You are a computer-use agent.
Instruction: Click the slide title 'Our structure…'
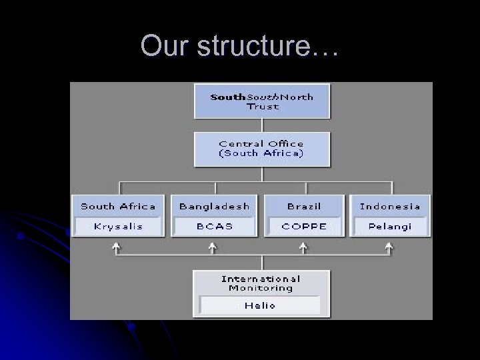point(239,46)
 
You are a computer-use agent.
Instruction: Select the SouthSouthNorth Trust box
point(262,101)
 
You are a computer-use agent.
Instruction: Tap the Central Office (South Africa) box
point(262,149)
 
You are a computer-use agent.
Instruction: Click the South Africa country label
point(118,206)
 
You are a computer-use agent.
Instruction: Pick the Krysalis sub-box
point(118,226)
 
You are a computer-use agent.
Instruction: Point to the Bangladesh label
point(214,206)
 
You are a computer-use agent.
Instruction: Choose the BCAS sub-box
point(214,226)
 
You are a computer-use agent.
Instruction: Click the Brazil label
point(304,206)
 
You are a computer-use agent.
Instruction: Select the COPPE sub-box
point(304,226)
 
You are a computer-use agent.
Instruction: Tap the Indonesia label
point(390,206)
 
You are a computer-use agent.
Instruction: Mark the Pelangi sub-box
point(390,226)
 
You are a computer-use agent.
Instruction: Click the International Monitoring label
point(261,283)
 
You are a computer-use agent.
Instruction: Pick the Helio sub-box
point(260,305)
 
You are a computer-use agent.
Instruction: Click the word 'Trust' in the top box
point(262,107)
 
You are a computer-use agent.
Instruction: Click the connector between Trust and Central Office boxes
point(262,125)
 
